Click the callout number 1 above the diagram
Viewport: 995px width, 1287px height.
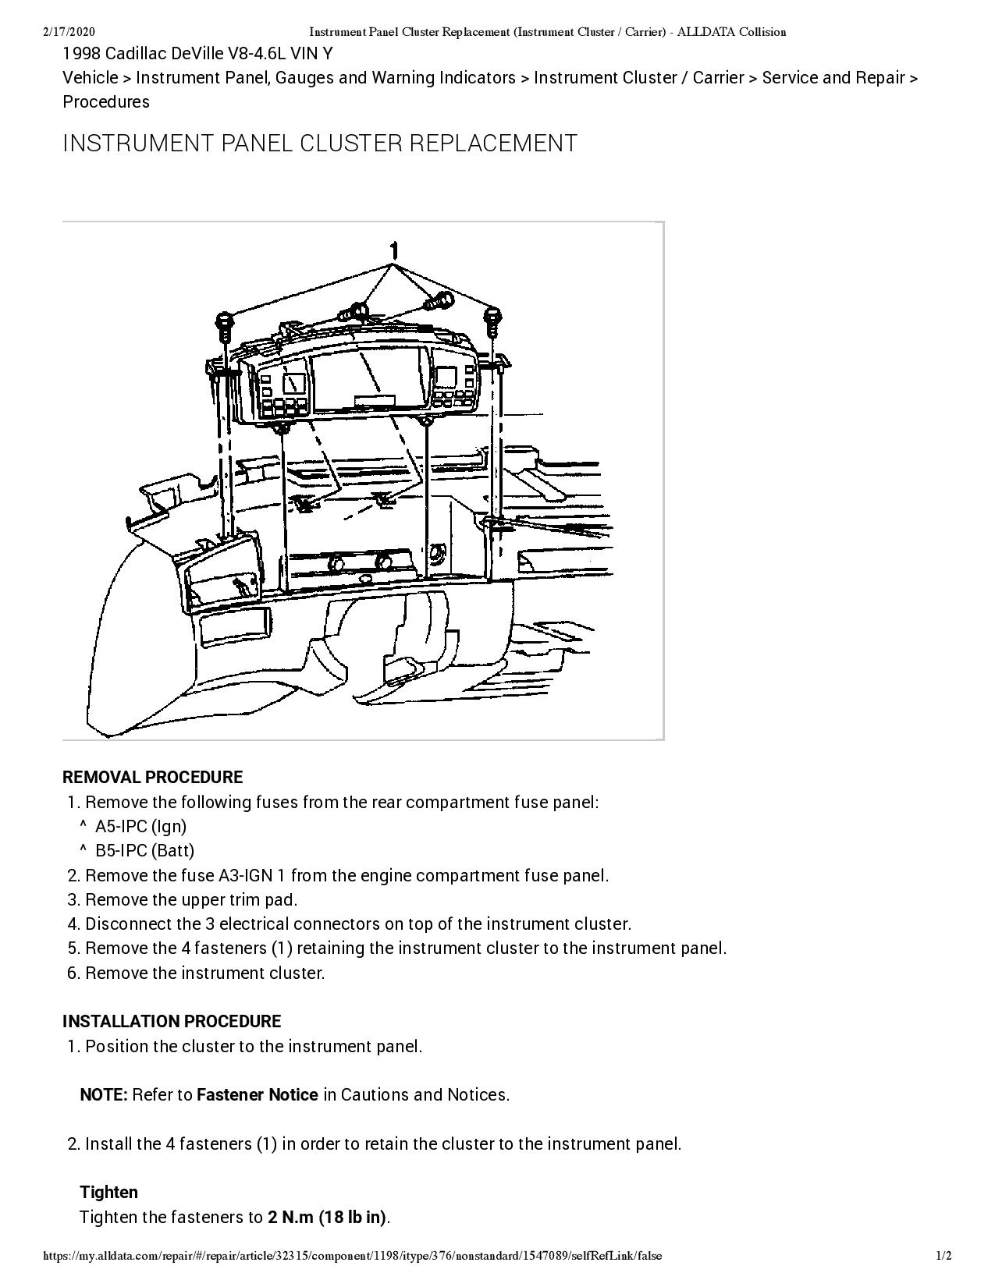click(x=395, y=250)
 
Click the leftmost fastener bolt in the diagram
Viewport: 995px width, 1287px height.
click(x=223, y=324)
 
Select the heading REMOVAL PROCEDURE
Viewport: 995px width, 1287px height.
click(x=152, y=777)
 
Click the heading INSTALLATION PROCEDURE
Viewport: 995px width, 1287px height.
click(x=171, y=1021)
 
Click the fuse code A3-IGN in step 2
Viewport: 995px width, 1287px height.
click(x=246, y=875)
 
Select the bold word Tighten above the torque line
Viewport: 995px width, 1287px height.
click(x=108, y=1192)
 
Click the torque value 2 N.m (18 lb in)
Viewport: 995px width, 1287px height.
click(x=327, y=1217)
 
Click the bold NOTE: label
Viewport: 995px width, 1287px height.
click(x=103, y=1094)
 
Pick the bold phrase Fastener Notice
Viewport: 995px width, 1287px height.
click(x=257, y=1094)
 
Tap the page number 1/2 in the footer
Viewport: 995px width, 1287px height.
click(x=943, y=1256)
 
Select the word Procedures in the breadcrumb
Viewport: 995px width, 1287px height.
click(x=106, y=101)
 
